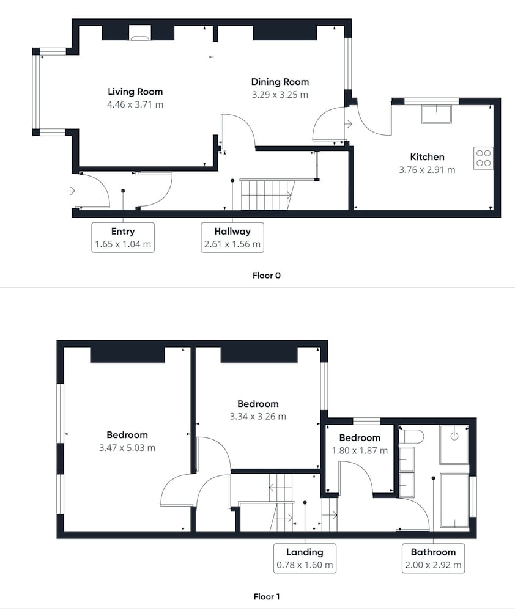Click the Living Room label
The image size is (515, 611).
point(135,92)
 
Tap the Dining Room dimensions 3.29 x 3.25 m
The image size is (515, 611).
point(280,95)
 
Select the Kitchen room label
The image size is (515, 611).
point(427,157)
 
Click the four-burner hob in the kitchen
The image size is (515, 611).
point(483,158)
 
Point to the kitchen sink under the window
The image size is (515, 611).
point(437,114)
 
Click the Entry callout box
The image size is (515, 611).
point(123,237)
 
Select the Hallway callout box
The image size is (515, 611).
point(232,237)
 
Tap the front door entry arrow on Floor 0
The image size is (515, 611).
point(70,191)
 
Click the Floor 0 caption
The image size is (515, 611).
point(267,276)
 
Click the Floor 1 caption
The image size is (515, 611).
point(267,596)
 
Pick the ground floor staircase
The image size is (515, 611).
point(266,194)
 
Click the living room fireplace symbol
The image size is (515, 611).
point(139,33)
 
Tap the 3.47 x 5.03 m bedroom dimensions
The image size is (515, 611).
point(127,448)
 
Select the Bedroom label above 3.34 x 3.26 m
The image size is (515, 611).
point(258,404)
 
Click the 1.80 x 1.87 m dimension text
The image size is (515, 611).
point(360,451)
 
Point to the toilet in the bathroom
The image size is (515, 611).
point(412,436)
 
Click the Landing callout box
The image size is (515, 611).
point(305,558)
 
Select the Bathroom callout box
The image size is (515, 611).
point(433,558)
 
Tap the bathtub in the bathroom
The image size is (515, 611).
point(454,500)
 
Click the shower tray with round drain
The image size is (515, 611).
point(454,445)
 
